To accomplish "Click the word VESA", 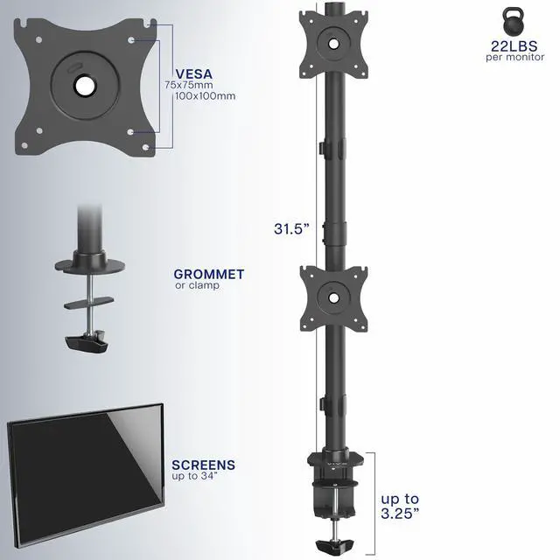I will coord(193,74).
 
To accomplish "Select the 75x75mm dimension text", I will coord(188,86).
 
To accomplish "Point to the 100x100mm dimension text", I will coord(199,96).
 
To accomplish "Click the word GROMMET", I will coord(208,274).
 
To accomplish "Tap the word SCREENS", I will coord(203,465).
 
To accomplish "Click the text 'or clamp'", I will coord(197,285).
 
